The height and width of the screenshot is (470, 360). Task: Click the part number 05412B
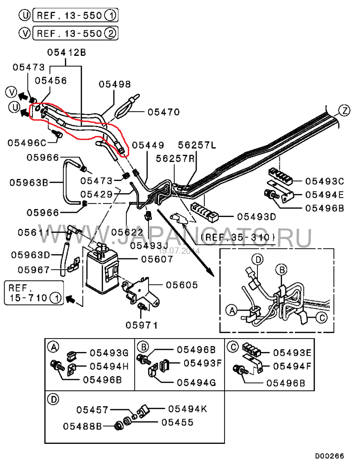click(67, 53)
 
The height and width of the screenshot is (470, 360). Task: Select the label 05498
click(115, 84)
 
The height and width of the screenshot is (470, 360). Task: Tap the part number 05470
click(164, 112)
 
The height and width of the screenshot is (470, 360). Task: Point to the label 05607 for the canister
click(157, 259)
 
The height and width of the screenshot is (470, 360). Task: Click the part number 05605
click(182, 285)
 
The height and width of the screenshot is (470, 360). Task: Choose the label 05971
click(142, 324)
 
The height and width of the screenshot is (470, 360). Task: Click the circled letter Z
click(344, 110)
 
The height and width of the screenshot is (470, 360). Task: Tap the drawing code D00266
click(329, 456)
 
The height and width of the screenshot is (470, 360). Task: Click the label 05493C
click(324, 181)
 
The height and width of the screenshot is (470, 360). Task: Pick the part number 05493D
click(256, 217)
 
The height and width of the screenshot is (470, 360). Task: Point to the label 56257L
click(197, 145)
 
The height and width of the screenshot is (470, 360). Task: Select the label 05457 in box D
click(92, 410)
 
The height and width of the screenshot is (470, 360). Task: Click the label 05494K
click(187, 409)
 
